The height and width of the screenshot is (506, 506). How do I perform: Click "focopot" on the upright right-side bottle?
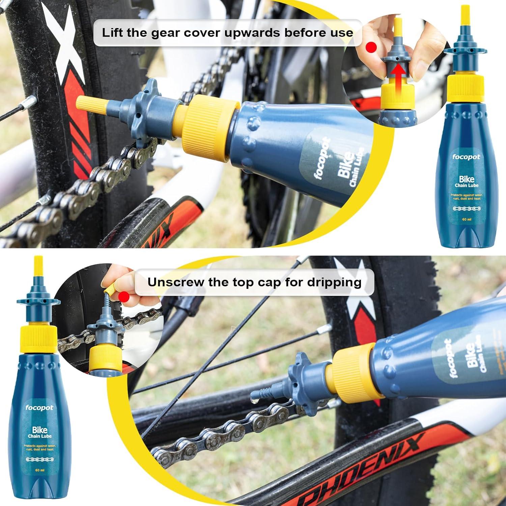point(466,157)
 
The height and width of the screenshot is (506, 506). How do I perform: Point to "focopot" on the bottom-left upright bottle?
point(40,407)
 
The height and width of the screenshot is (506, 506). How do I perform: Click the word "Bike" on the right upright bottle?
point(467,179)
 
